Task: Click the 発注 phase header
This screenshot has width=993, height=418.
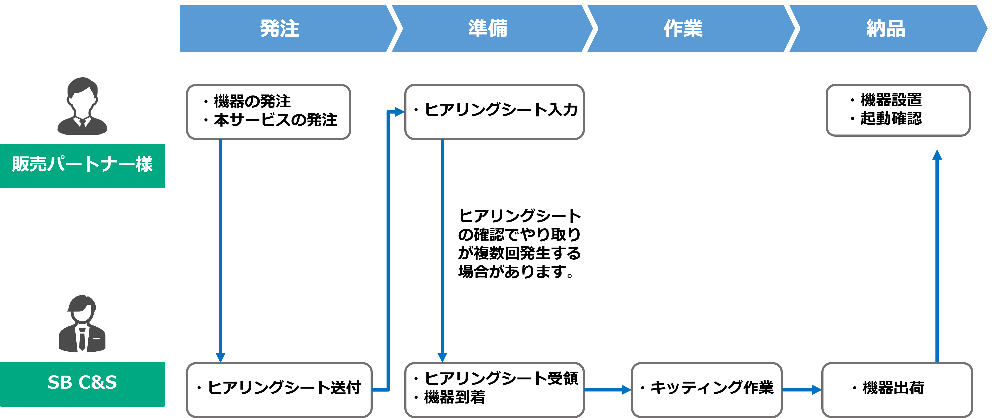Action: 280,28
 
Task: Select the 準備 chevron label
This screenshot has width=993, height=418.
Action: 488,28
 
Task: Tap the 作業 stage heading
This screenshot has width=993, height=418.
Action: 683,28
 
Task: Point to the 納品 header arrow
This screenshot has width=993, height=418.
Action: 886,28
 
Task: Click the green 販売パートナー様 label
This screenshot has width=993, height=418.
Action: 82,166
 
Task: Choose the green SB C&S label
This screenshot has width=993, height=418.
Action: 82,384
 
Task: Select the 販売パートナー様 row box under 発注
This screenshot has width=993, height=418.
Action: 268,112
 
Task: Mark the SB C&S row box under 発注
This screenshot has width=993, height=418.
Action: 279,390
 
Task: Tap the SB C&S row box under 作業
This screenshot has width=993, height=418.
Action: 707,390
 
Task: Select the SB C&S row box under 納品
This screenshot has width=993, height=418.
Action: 897,390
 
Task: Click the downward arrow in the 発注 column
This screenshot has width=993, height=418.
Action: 221,251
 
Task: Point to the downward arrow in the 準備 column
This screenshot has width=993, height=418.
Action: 442,251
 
